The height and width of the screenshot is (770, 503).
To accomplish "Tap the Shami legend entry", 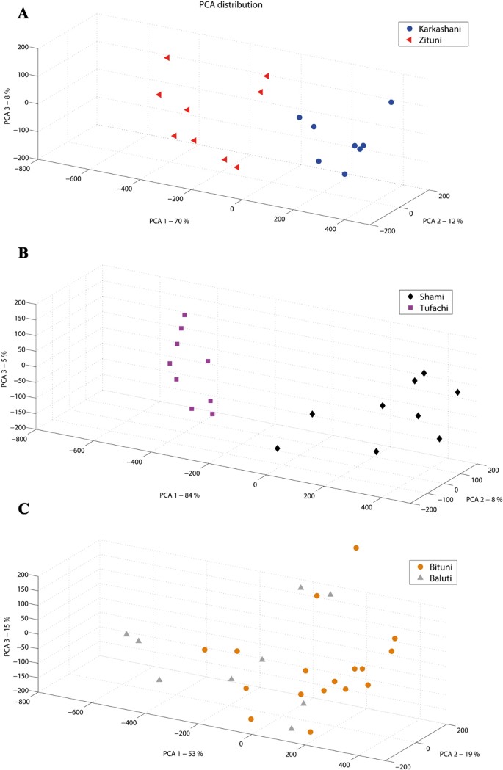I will point(419,296).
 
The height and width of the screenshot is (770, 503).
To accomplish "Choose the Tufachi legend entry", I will point(422,308).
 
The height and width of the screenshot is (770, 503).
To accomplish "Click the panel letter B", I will point(23,253).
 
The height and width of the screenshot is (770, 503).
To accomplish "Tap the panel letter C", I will point(23,509).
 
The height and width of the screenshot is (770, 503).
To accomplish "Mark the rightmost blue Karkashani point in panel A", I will point(391,102).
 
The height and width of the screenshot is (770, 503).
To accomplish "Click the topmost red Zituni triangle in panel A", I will point(167,57).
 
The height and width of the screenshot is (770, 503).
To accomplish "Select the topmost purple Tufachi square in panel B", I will point(184,315).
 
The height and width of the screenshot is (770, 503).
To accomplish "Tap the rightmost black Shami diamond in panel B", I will point(457,392).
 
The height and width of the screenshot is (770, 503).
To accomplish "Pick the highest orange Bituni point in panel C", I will point(356,548).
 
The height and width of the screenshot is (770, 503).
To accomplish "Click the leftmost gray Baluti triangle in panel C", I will point(126,633).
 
